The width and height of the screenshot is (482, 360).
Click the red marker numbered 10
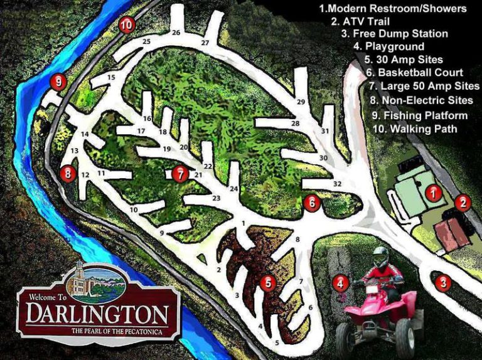tap(127, 25)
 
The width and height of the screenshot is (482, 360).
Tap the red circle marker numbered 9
tap(58, 82)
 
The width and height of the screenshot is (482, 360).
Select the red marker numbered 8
tap(68, 173)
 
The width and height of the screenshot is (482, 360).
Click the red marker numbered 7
tap(180, 173)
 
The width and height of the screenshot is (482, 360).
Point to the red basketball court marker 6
tap(312, 203)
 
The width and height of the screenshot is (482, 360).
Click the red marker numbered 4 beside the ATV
tap(340, 283)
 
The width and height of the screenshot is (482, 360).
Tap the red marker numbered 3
tap(443, 283)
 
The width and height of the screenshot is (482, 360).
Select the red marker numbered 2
tap(463, 202)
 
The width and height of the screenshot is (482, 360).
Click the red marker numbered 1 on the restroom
tap(432, 193)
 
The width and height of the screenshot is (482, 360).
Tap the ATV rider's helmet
tap(381, 256)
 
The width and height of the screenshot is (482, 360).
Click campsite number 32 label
tap(337, 184)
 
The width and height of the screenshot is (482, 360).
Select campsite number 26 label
tap(176, 33)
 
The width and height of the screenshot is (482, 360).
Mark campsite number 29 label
tap(301, 102)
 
